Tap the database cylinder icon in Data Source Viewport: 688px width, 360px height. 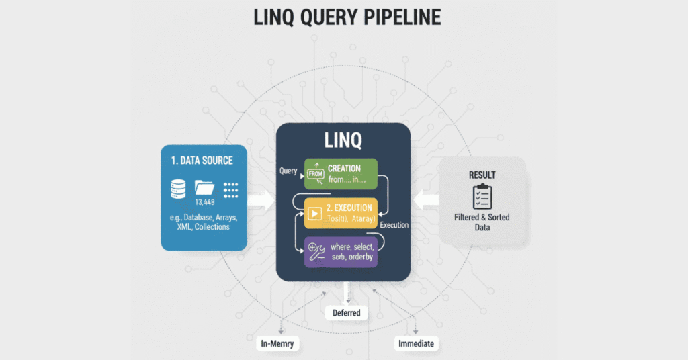pyautogui.click(x=177, y=189)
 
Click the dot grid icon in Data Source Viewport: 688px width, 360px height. pyautogui.click(x=231, y=189)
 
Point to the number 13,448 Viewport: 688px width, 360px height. pyautogui.click(x=205, y=202)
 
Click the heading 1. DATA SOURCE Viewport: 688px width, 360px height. pyautogui.click(x=202, y=161)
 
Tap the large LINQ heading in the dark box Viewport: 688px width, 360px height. pyautogui.click(x=343, y=140)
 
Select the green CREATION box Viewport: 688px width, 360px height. pyautogui.click(x=341, y=173)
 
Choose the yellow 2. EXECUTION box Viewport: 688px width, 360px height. pyautogui.click(x=341, y=212)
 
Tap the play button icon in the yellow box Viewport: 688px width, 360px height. pyautogui.click(x=314, y=214)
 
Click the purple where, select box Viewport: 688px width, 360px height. pyautogui.click(x=341, y=252)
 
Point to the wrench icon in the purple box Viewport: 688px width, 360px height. pyautogui.click(x=316, y=253)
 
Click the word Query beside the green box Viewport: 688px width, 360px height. pyautogui.click(x=288, y=171)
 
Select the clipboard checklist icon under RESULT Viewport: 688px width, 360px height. pyautogui.click(x=482, y=196)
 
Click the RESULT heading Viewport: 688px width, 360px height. pyautogui.click(x=482, y=175)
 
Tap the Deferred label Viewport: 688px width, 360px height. pyautogui.click(x=347, y=313)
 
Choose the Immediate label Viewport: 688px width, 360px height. pyautogui.click(x=416, y=344)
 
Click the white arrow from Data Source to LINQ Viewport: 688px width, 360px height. pyautogui.click(x=261, y=199)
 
